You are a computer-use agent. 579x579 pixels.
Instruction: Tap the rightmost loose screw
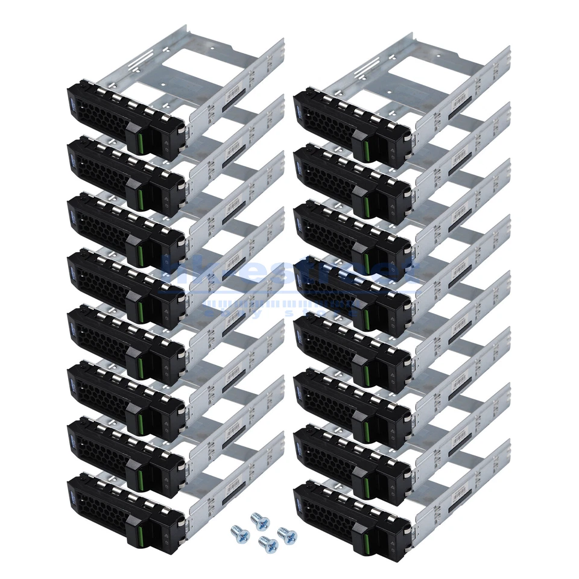282,531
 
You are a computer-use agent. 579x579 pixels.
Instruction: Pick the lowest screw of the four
264,541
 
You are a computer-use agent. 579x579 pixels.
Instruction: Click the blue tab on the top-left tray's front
72,97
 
